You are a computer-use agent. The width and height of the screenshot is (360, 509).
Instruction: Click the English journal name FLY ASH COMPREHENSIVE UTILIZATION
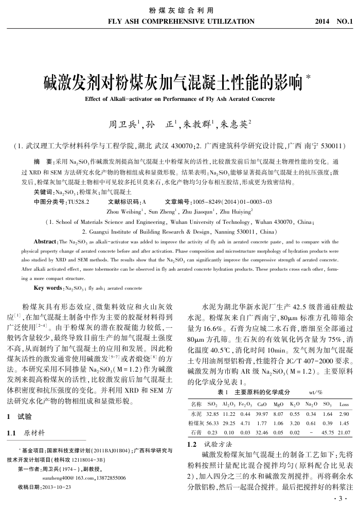(182, 22)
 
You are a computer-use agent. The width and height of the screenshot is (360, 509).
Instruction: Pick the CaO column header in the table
(261, 405)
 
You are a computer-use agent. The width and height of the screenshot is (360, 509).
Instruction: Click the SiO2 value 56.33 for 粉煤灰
(212, 423)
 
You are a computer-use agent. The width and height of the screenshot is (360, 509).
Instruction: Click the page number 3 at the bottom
(337, 499)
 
